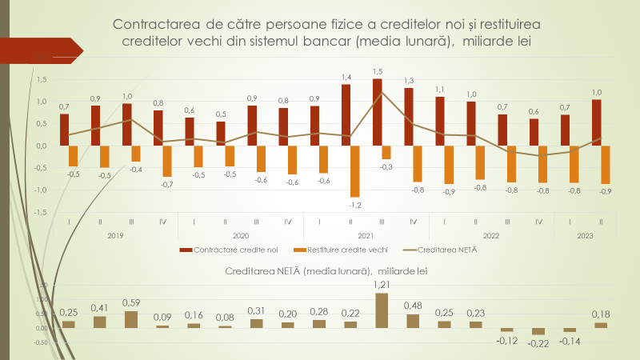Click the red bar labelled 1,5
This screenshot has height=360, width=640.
pos(377,112)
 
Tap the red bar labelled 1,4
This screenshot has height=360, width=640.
pos(346,114)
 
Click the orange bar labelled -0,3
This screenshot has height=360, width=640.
pos(386,152)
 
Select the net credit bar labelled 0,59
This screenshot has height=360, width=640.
pos(130,319)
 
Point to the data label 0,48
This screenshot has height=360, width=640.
pos(413,305)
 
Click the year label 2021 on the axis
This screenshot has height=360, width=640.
pos(366,235)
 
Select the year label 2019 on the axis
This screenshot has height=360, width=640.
pos(114,235)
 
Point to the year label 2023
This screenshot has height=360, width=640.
pos(585,235)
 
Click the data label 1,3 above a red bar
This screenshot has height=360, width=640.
pos(409,81)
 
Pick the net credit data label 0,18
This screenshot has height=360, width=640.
pos(601,314)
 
